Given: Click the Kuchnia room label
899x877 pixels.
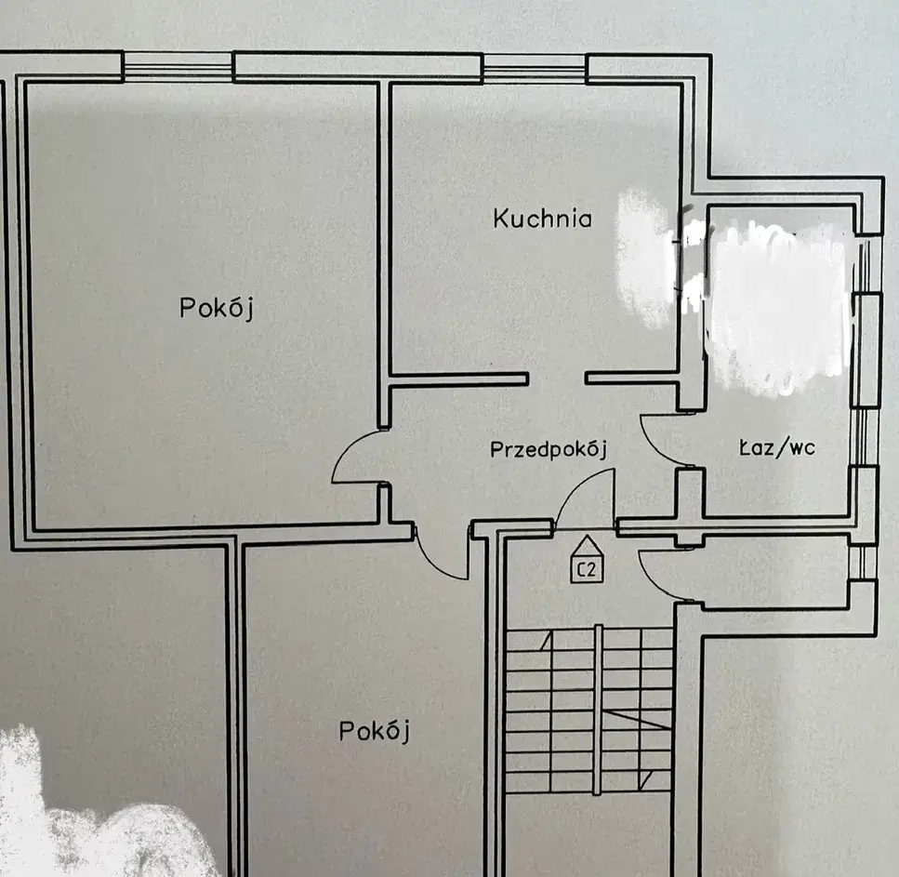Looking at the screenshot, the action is pos(542,219).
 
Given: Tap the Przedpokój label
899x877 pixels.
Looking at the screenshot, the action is pos(549,449).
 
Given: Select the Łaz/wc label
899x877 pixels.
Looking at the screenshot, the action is pos(777,447).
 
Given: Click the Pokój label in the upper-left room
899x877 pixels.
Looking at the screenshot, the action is pos(216,308).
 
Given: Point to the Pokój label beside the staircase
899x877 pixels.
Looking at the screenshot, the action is pos(375,731).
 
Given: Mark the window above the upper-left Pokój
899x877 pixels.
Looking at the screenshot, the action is pos(178,66).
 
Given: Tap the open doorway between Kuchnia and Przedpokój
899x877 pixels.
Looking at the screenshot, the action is pos(557,379).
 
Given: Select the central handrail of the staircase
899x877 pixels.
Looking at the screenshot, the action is pos(598,711).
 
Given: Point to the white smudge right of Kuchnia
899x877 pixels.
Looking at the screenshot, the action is pos(643,259).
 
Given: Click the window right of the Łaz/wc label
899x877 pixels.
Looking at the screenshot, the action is pos(865,436).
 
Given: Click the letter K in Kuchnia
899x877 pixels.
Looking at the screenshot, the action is pos(499,219).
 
